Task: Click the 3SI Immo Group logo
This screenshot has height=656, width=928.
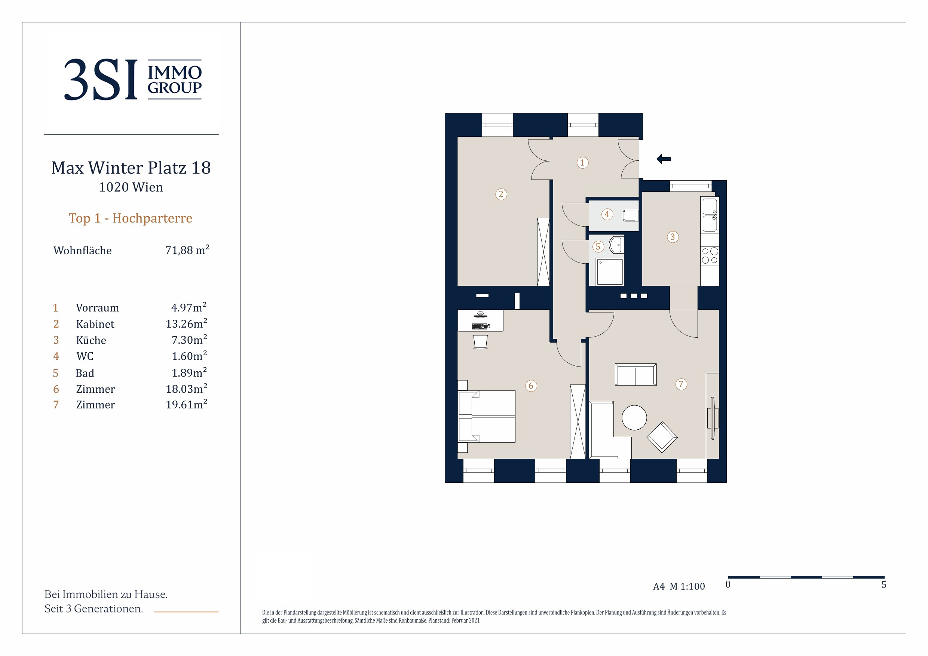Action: click(x=133, y=80)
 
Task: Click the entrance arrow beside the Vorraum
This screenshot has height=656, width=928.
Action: click(x=663, y=159)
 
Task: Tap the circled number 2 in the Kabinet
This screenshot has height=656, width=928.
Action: click(x=501, y=194)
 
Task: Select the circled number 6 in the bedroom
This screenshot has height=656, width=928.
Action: click(x=531, y=386)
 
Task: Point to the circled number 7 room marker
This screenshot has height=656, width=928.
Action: click(x=681, y=384)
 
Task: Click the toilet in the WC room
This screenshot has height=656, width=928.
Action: click(x=631, y=215)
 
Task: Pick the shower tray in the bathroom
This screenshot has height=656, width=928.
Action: click(x=610, y=272)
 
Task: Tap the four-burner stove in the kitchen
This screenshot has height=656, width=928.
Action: click(x=710, y=255)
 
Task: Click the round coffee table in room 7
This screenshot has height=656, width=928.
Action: click(x=634, y=417)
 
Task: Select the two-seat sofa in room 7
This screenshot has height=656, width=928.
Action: click(x=636, y=374)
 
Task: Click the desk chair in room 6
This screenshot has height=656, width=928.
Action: click(x=480, y=341)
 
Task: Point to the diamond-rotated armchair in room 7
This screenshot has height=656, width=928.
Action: click(x=662, y=437)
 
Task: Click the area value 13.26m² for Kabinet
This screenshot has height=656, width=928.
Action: click(x=186, y=324)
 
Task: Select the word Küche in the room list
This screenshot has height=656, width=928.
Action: click(x=91, y=340)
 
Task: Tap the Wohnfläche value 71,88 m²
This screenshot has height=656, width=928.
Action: click(x=187, y=250)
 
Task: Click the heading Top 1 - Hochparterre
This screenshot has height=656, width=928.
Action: click(x=131, y=218)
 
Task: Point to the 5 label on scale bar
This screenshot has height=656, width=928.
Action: click(x=884, y=585)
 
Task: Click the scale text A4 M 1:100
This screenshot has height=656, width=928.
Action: click(x=679, y=586)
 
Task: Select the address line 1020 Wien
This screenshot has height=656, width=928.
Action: click(x=131, y=187)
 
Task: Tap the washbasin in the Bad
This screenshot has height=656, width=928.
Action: click(x=616, y=245)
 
